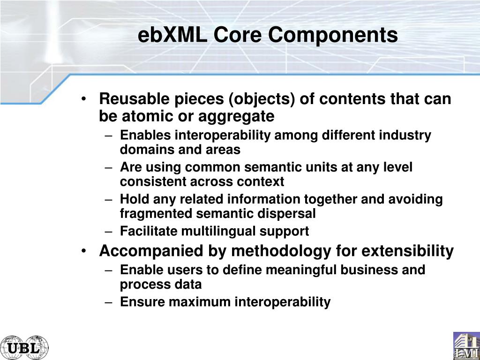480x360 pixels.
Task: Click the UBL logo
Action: coord(24,347)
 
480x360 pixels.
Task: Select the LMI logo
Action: coord(466,345)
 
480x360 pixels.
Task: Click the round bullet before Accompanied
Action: coord(83,252)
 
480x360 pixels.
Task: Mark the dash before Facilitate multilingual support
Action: coord(108,232)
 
